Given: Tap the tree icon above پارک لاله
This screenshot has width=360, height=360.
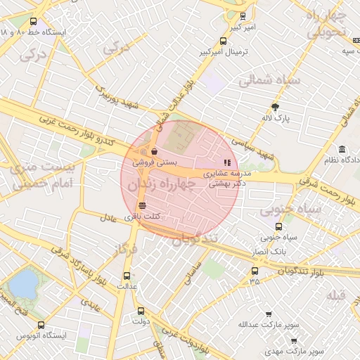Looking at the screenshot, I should (x=274, y=108).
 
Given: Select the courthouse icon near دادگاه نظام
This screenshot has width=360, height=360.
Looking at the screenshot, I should (x=342, y=150).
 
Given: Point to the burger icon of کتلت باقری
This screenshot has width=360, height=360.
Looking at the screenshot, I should (x=143, y=206).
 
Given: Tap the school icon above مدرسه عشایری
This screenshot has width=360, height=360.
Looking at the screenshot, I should (x=226, y=161).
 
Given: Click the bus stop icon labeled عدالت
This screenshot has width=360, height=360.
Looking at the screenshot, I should (x=127, y=276).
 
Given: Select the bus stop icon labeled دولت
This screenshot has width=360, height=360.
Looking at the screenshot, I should (x=141, y=311).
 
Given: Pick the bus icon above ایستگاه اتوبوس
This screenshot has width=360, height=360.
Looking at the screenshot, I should (x=40, y=326).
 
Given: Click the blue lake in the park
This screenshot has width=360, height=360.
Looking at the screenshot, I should (x=24, y=283).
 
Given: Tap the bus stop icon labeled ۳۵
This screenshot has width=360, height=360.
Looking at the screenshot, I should (x=255, y=270).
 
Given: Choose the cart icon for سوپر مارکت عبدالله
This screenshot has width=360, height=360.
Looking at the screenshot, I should (x=269, y=313).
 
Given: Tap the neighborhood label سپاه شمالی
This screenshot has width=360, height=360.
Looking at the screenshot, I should (x=269, y=82).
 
